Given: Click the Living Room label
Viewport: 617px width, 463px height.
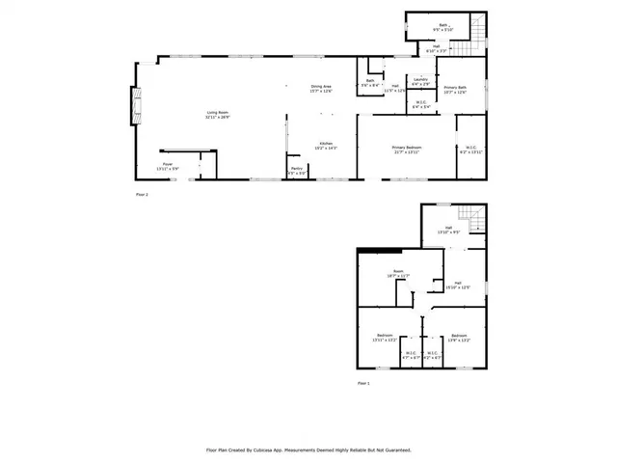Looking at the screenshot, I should (216, 115).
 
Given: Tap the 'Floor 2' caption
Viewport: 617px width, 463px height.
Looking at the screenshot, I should (142, 195).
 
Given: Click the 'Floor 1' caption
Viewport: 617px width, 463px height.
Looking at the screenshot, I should (364, 383).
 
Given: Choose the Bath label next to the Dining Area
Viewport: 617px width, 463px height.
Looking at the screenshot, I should (370, 83).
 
